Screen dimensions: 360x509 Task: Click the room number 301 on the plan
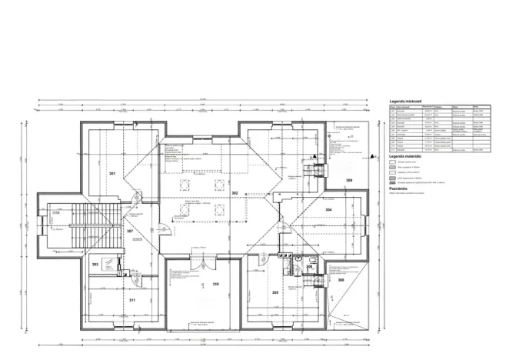112,175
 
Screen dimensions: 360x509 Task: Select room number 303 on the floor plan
95,264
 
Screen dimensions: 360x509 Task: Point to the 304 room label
328,209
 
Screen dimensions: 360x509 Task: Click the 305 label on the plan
274,292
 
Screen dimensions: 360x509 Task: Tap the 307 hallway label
130,231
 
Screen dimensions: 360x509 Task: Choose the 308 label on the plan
341,280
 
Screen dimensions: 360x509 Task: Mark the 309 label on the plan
348,181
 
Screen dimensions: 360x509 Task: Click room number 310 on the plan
215,284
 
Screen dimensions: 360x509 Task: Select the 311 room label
131,299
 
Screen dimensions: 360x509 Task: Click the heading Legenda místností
407,101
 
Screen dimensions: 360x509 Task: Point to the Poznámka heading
399,188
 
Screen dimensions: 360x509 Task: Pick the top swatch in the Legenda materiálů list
393,162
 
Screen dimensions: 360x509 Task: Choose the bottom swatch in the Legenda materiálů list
393,182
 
